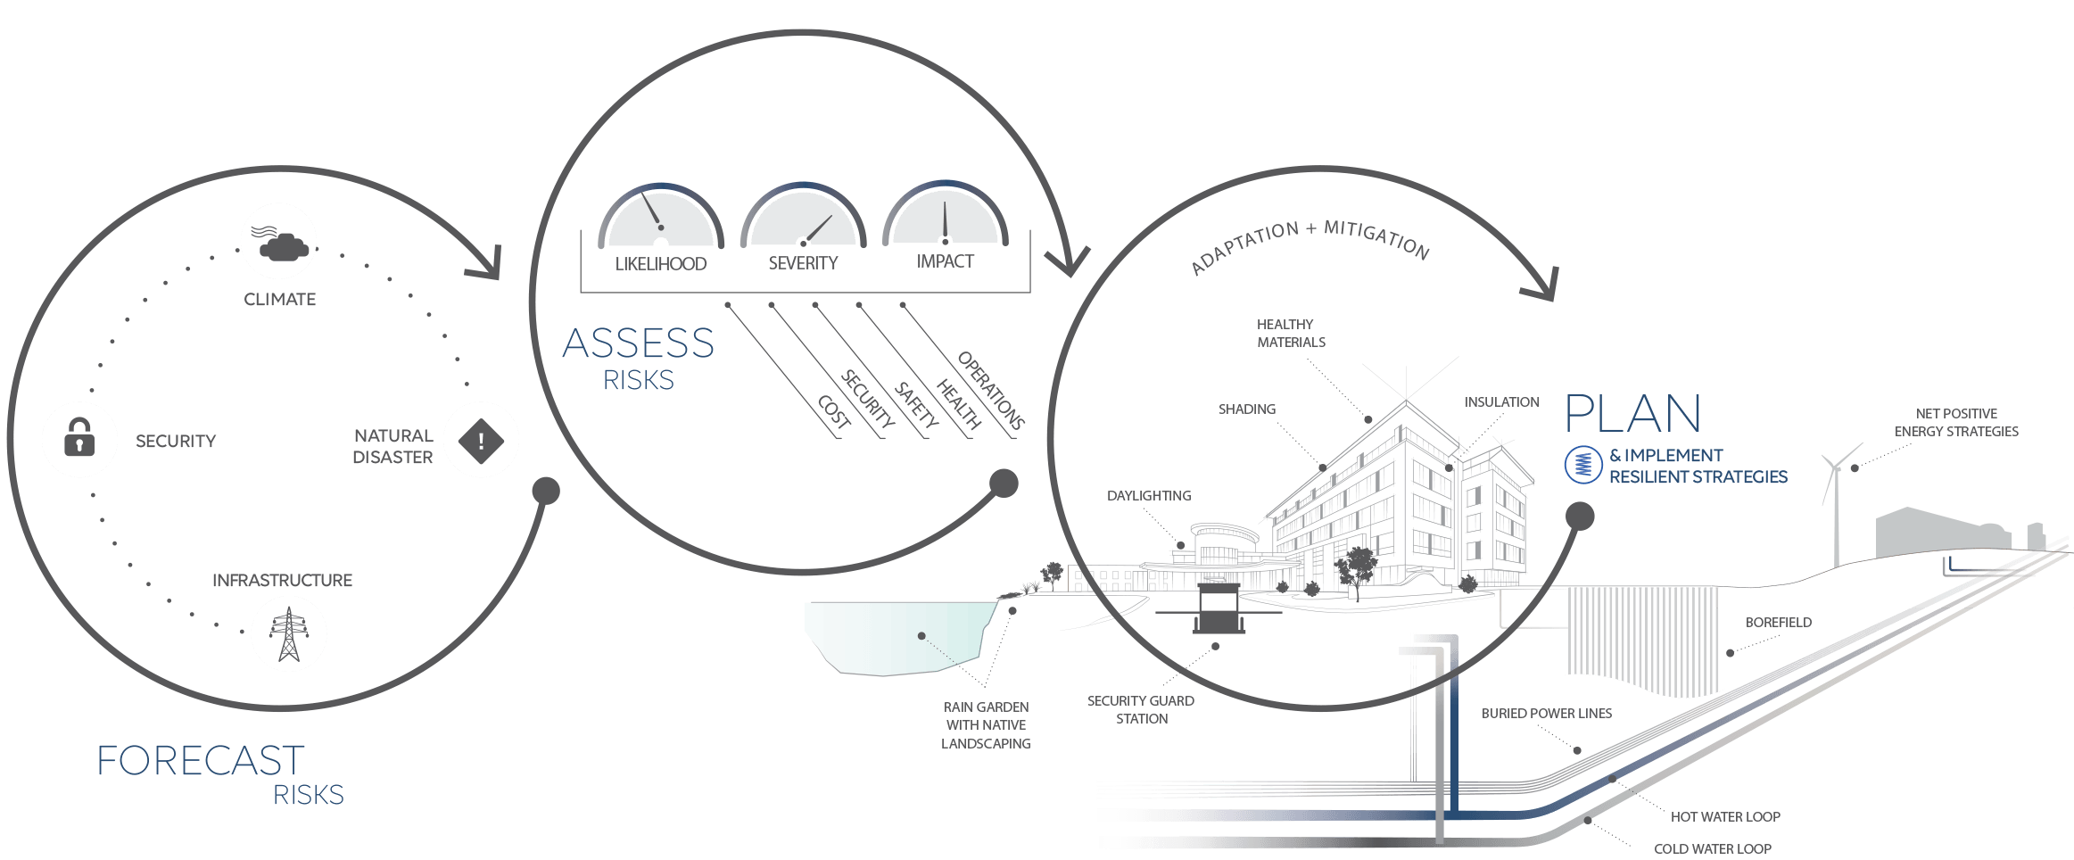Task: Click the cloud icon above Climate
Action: pyautogui.click(x=279, y=241)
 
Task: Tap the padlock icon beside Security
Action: pyautogui.click(x=79, y=439)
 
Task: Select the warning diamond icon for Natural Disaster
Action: pyautogui.click(x=481, y=440)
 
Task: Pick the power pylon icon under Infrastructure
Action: pyautogui.click(x=288, y=633)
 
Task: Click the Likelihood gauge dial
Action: pyautogui.click(x=661, y=219)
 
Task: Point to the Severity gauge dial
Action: pyautogui.click(x=803, y=219)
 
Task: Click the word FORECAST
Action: pyautogui.click(x=201, y=761)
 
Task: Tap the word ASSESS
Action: pyautogui.click(x=639, y=344)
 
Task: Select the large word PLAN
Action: pyautogui.click(x=1633, y=415)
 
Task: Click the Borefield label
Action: pyautogui.click(x=1778, y=623)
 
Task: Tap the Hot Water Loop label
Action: pyautogui.click(x=1725, y=816)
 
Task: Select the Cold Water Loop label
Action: pyautogui.click(x=1713, y=848)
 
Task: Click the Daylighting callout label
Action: pyautogui.click(x=1149, y=496)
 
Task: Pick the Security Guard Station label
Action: pyautogui.click(x=1141, y=709)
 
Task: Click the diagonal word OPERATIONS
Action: pyautogui.click(x=990, y=390)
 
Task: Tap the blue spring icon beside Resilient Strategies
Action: pyautogui.click(x=1583, y=465)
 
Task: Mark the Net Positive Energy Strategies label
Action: pyautogui.click(x=1956, y=422)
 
